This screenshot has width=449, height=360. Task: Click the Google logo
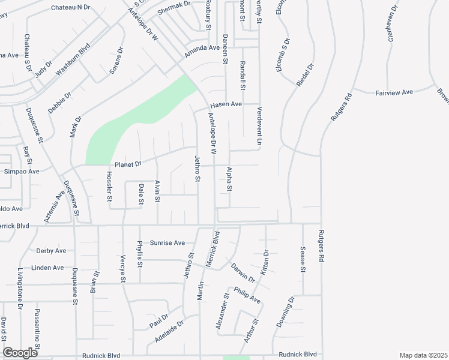click(20, 352)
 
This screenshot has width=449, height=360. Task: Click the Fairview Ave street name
click(394, 92)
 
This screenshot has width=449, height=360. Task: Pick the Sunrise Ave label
click(167, 243)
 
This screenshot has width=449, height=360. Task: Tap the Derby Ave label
click(51, 251)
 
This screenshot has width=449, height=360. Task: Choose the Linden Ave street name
click(48, 268)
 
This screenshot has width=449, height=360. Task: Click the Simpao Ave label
click(22, 171)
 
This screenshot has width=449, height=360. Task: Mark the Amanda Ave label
click(202, 52)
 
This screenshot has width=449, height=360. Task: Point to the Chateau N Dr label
click(70, 7)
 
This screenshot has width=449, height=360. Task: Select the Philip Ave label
click(247, 295)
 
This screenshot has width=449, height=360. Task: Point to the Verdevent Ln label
click(260, 127)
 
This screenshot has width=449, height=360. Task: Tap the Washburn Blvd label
click(73, 59)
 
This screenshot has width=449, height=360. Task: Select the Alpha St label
click(229, 179)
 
